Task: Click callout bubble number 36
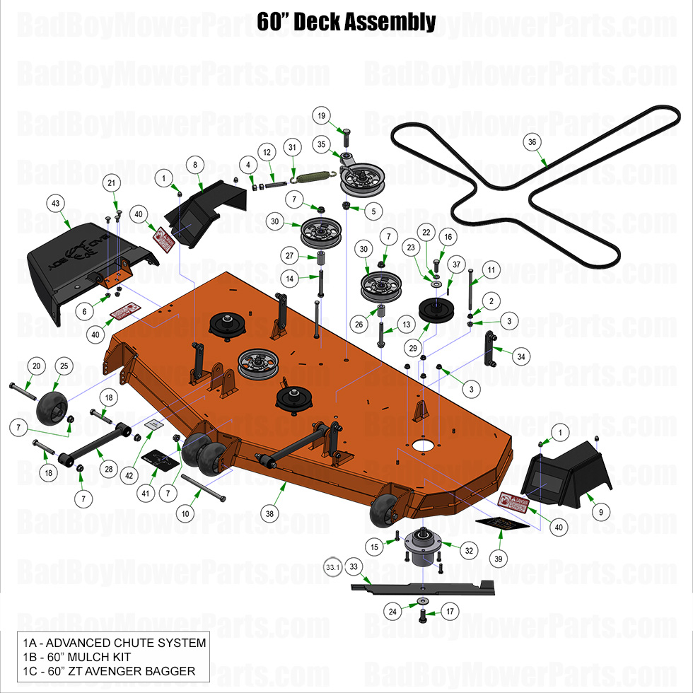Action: coord(532,141)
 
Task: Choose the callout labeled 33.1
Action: coord(332,566)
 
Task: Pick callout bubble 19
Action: coord(321,115)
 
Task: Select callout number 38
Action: coord(270,513)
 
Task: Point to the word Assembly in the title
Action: coord(390,22)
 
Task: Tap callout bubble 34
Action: coord(520,357)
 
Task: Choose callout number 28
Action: coord(108,469)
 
